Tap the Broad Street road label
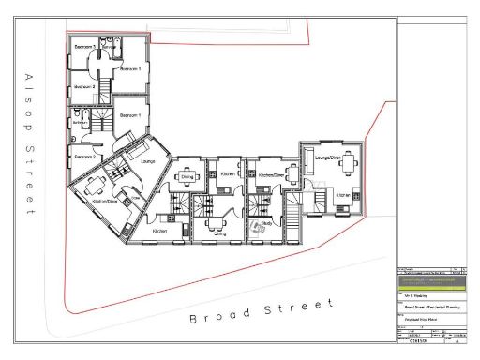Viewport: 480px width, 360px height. click(x=262, y=312)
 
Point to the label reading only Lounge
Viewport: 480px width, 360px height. click(x=147, y=161)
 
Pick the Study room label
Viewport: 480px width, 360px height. click(x=267, y=223)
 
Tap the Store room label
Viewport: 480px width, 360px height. click(x=137, y=199)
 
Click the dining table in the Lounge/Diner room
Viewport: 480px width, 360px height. click(x=350, y=166)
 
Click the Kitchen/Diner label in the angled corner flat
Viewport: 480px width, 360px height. click(x=105, y=201)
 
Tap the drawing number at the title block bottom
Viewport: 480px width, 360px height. click(x=418, y=342)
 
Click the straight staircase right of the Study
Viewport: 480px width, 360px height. click(x=291, y=220)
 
